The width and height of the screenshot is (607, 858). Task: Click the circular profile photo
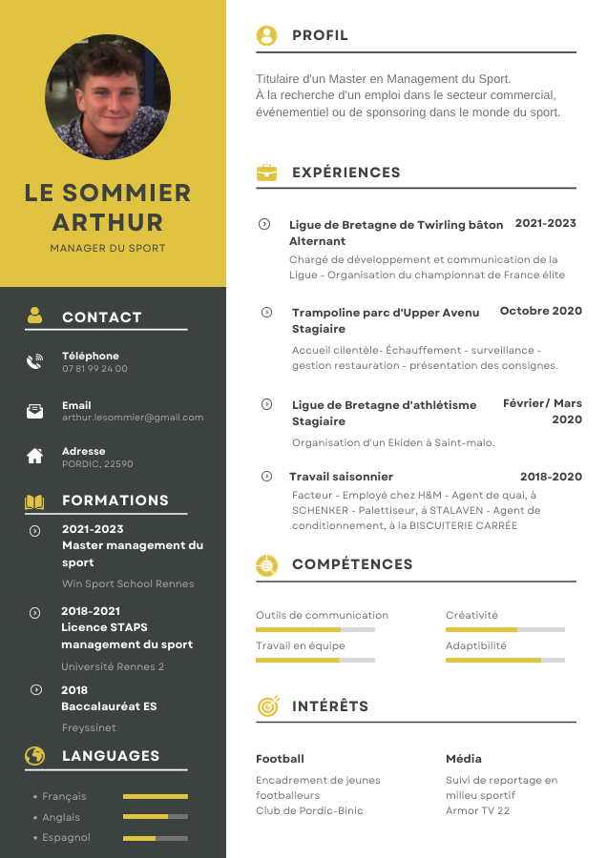point(108,97)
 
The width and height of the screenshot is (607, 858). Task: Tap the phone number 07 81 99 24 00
point(94,369)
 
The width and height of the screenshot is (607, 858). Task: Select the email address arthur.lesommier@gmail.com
point(133,418)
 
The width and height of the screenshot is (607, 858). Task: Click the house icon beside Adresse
point(35,456)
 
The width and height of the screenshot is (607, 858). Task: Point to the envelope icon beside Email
point(35,411)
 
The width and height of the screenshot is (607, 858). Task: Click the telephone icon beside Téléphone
point(35,361)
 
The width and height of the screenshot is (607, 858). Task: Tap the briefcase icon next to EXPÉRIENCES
point(266,173)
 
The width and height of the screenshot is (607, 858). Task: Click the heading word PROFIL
point(320,35)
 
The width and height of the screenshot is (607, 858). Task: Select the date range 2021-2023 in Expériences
point(545,223)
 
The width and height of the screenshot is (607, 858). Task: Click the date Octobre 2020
point(540,311)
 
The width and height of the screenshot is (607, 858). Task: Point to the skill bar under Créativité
point(505,629)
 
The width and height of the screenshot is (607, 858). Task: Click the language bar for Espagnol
point(156,838)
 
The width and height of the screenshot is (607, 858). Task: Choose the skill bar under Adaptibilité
point(505,660)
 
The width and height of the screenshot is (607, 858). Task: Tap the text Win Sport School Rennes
point(128,583)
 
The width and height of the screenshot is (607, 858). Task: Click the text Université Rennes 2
point(113,666)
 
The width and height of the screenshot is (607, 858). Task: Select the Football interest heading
point(280,759)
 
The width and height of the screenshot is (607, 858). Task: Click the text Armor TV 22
point(477,810)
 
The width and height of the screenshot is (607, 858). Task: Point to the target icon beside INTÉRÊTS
point(267,706)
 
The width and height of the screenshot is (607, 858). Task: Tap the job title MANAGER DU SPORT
point(108,248)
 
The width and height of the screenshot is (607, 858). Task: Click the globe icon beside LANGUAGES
point(35,756)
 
